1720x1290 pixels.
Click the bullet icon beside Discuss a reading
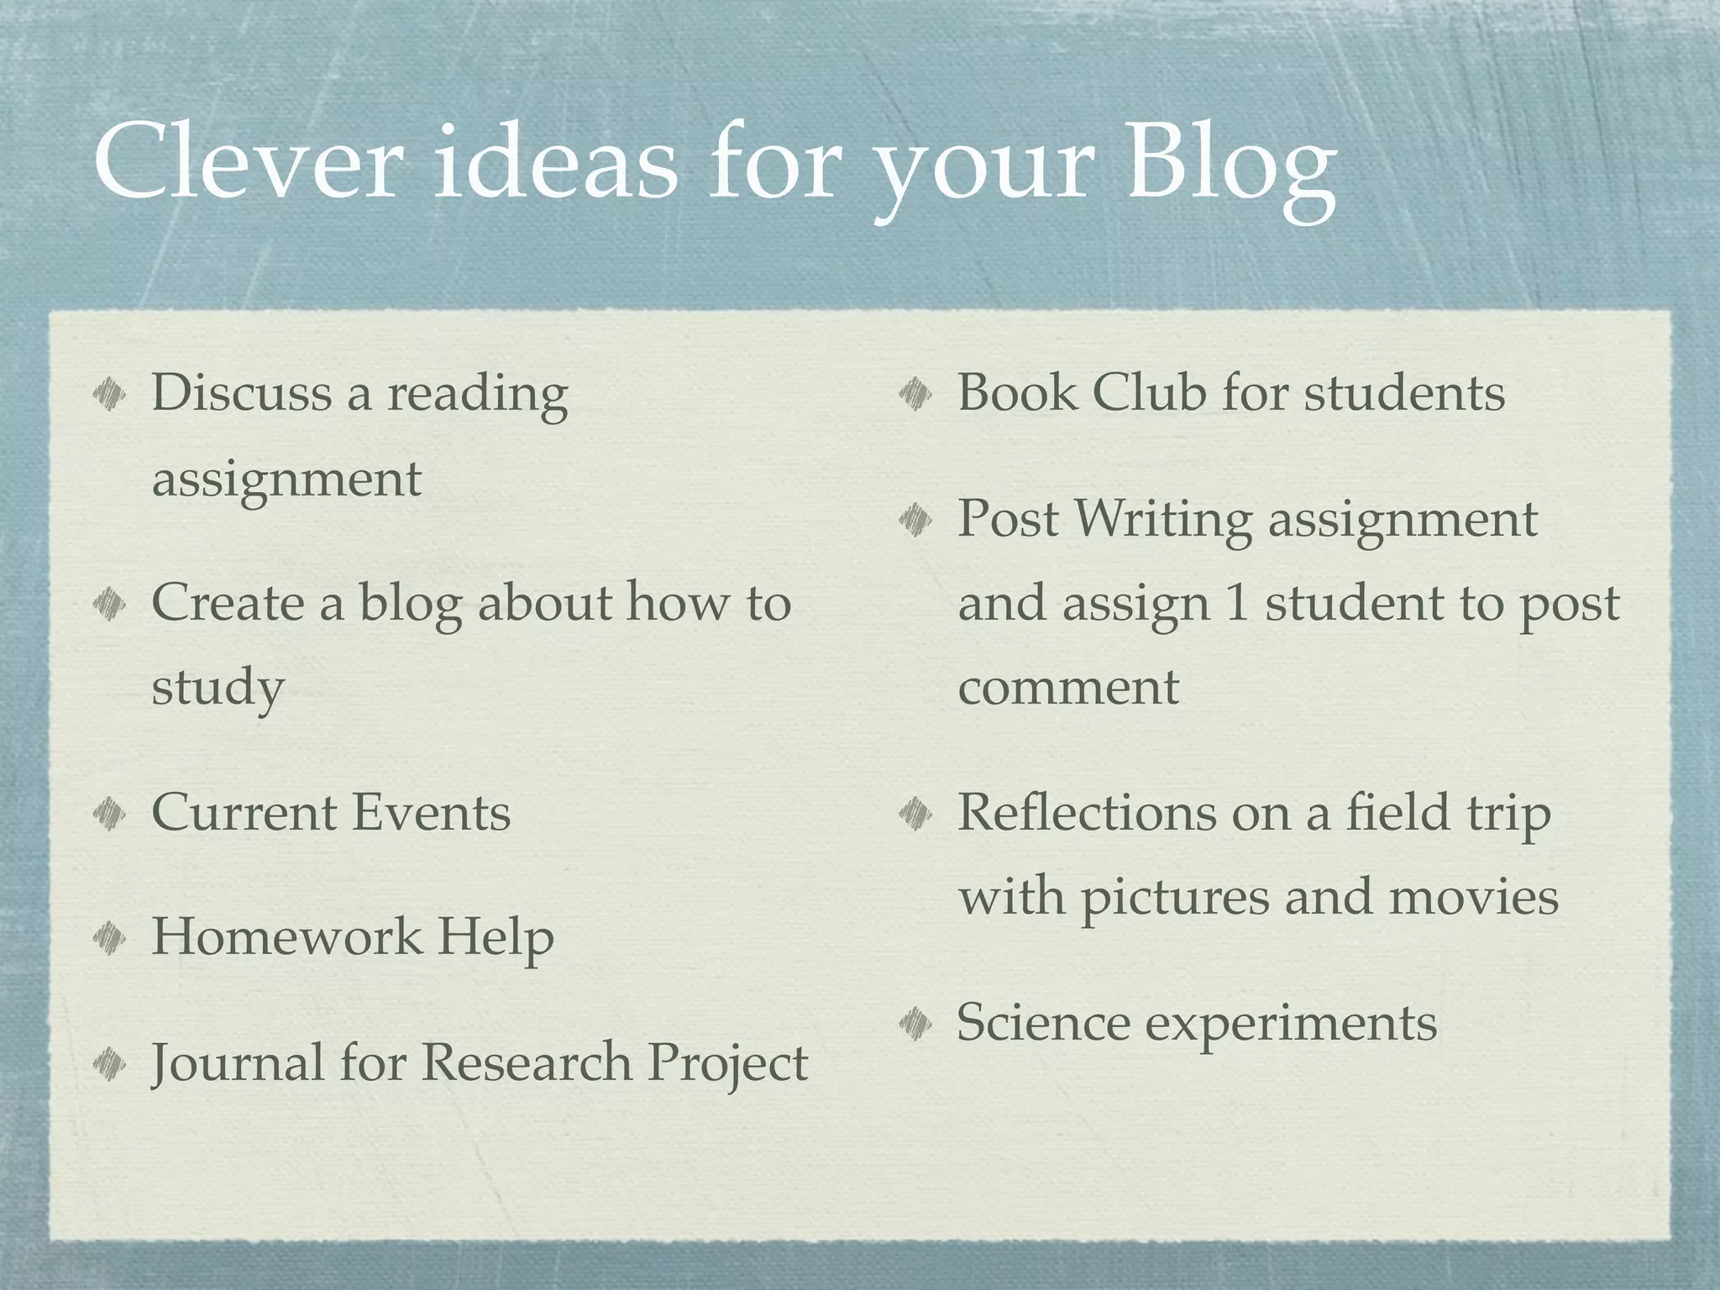click(110, 393)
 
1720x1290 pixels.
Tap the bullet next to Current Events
click(110, 812)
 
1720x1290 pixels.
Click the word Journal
click(238, 1062)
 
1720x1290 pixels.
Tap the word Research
click(526, 1062)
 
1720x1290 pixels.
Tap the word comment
click(1068, 687)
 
